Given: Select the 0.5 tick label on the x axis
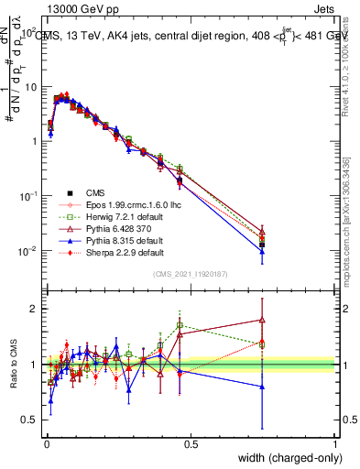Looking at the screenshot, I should click(x=191, y=443).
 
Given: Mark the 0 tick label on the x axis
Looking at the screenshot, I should click(x=46, y=443).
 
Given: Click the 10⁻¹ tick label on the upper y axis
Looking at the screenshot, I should click(x=27, y=196).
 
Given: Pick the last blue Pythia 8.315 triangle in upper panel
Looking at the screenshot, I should click(x=262, y=250).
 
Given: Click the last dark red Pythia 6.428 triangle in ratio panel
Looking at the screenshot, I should click(x=262, y=320).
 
